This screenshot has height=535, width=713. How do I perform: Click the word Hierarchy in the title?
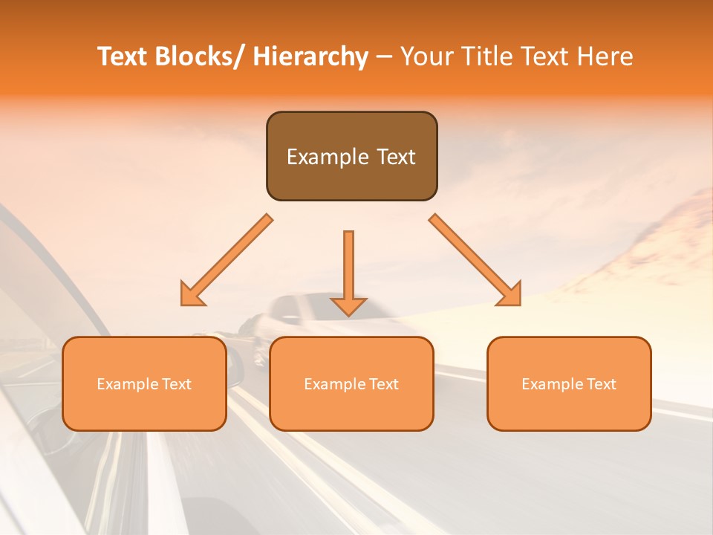(310, 57)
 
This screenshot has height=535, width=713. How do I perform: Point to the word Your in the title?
(425, 57)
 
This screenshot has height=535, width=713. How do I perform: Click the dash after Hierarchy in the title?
(384, 58)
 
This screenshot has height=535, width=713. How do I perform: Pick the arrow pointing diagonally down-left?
(227, 260)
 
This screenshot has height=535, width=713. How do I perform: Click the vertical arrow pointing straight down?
(349, 271)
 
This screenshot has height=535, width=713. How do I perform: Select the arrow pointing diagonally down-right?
(475, 260)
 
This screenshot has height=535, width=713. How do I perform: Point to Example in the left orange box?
(128, 384)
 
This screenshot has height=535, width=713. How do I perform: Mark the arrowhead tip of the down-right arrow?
(519, 305)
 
